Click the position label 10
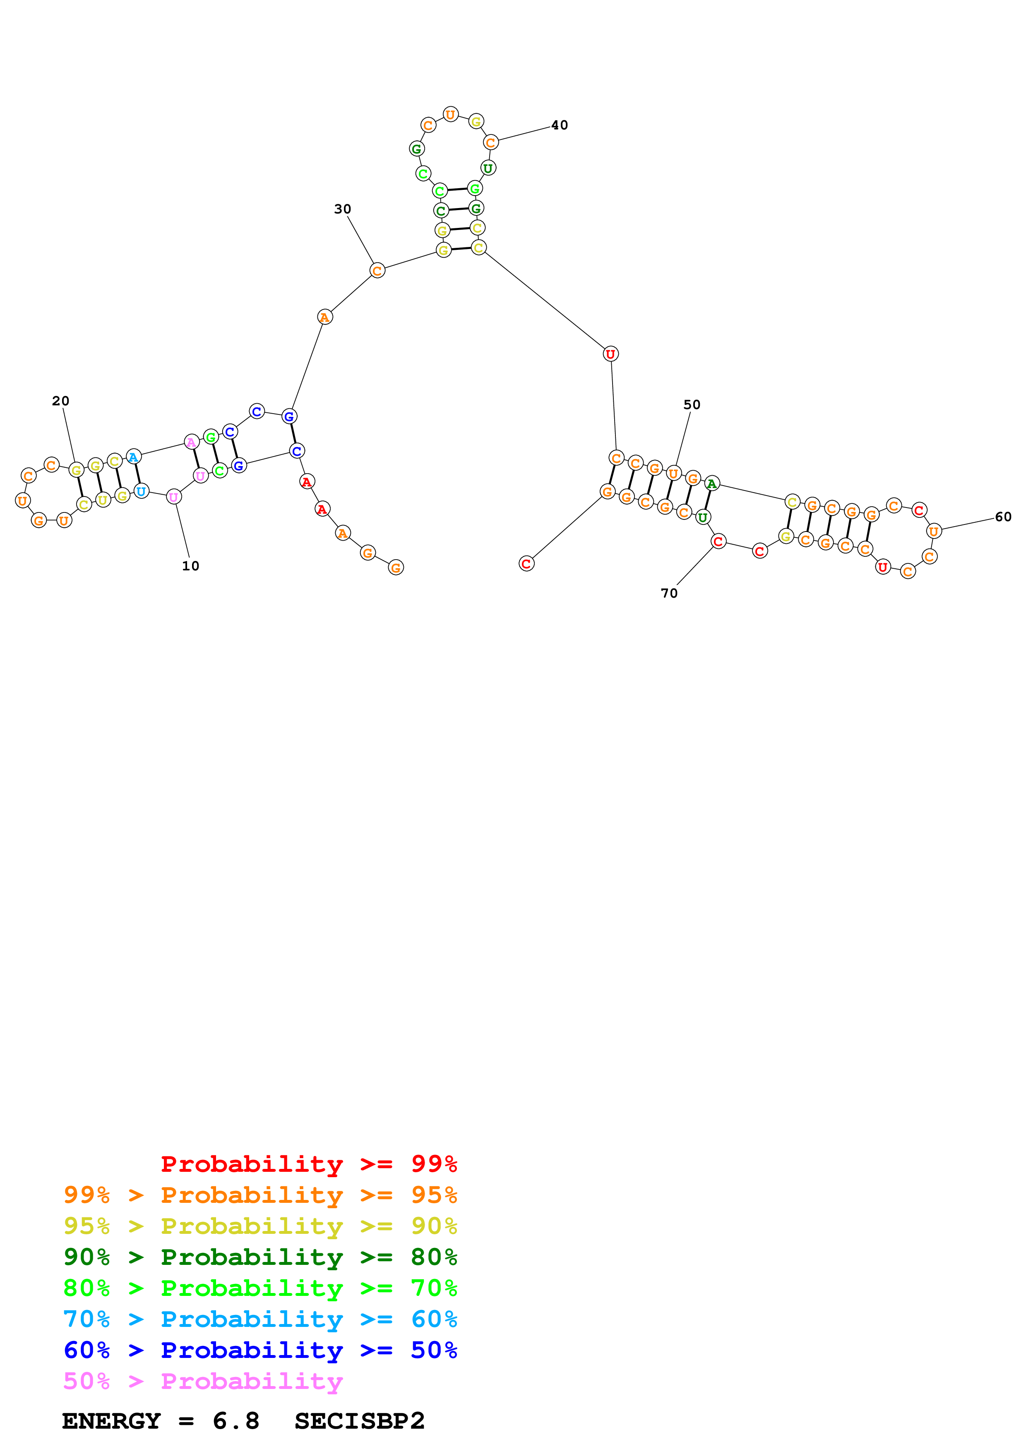click(x=190, y=566)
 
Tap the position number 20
click(x=61, y=401)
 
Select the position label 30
click(x=342, y=209)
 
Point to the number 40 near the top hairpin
click(x=560, y=125)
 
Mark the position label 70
click(x=669, y=594)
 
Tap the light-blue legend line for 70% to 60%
click(x=260, y=1319)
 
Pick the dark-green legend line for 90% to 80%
click(x=260, y=1257)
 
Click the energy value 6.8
click(x=236, y=1421)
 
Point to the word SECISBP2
click(x=359, y=1421)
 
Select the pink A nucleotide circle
click(x=192, y=442)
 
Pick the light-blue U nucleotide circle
click(x=142, y=491)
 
